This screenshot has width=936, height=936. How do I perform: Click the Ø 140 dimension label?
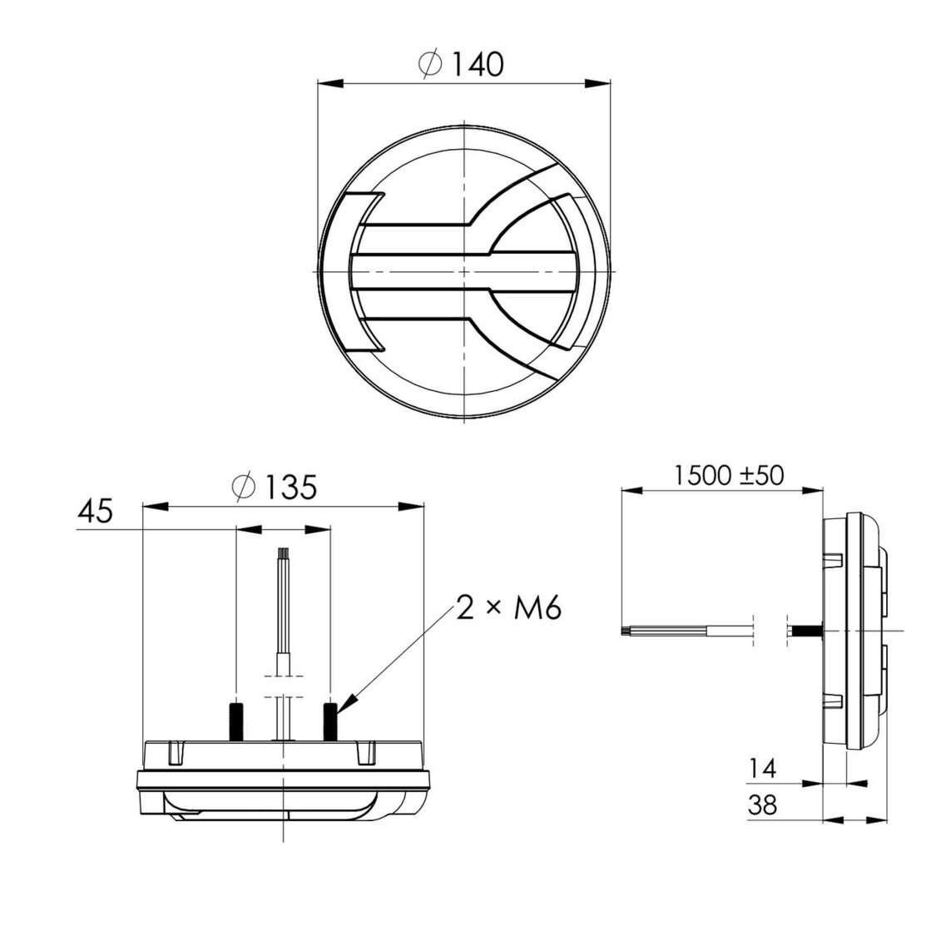click(463, 64)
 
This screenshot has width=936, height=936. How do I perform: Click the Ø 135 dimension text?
click(275, 488)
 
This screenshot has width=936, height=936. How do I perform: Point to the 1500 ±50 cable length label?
click(729, 476)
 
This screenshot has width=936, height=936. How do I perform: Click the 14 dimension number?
click(762, 770)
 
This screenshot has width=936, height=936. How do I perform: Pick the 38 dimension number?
click(762, 806)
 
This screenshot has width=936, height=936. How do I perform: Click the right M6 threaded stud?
click(330, 721)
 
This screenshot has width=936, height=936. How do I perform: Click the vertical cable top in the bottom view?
click(283, 553)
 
